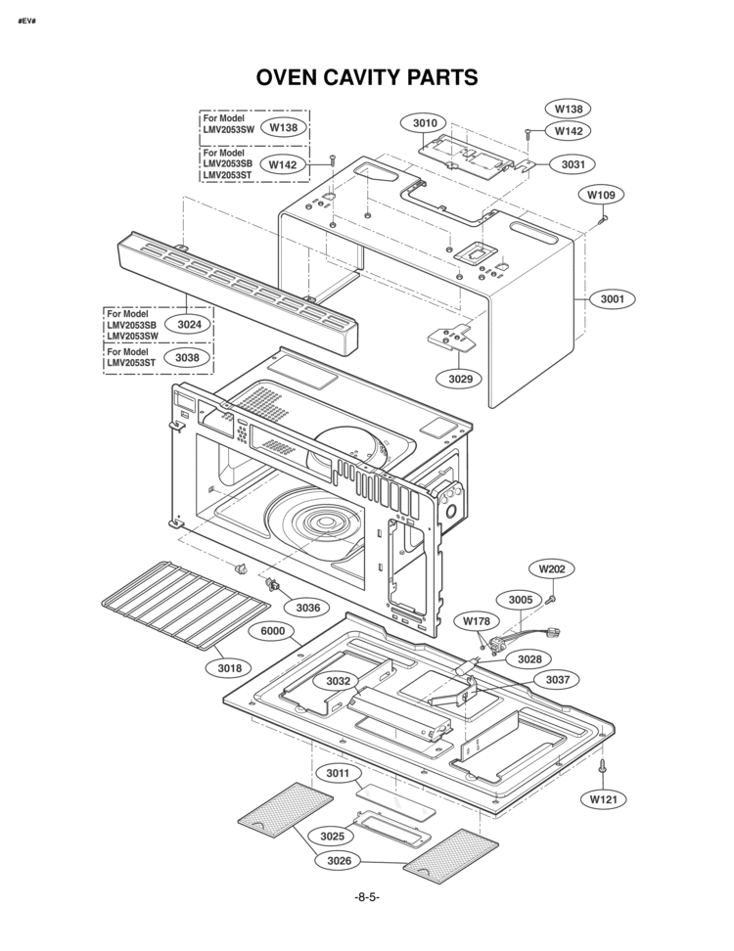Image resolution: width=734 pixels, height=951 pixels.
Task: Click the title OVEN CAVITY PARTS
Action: click(x=366, y=77)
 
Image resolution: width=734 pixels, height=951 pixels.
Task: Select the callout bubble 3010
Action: click(x=425, y=123)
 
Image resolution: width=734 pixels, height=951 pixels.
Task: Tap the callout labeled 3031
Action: click(x=573, y=163)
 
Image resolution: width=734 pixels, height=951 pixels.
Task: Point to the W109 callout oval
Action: click(x=601, y=195)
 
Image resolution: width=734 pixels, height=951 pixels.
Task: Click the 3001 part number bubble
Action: click(x=612, y=298)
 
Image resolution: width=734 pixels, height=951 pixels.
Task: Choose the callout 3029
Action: click(x=460, y=379)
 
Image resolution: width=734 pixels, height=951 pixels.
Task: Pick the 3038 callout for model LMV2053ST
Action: click(x=187, y=358)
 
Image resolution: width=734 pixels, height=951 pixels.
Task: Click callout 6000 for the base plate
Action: click(x=272, y=631)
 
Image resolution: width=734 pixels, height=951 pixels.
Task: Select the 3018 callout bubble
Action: click(x=229, y=668)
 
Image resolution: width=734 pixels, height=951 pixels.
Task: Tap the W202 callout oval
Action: click(x=551, y=568)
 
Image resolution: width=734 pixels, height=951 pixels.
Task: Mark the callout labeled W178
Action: click(x=477, y=621)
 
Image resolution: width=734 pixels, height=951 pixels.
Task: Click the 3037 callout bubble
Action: click(x=558, y=680)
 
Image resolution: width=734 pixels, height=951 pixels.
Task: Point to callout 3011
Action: click(x=338, y=773)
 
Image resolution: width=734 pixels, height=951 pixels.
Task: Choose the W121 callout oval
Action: click(x=604, y=799)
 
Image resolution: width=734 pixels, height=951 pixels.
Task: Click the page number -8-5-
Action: click(x=367, y=897)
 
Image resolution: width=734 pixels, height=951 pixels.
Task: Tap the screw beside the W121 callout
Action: click(x=603, y=765)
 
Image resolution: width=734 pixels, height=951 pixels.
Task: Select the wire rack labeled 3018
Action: click(x=186, y=604)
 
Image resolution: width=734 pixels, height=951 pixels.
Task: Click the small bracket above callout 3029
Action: click(x=452, y=337)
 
